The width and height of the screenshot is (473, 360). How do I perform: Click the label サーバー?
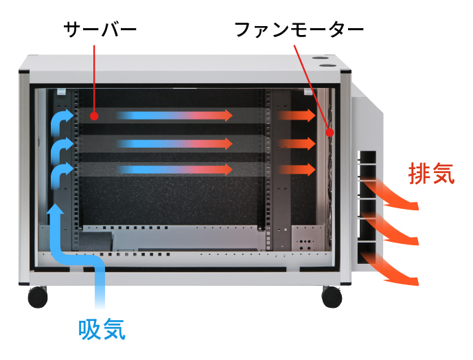tap(100, 30)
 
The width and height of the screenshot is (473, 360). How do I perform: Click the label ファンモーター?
tap(298, 30)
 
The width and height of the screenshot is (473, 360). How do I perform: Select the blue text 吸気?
tap(102, 329)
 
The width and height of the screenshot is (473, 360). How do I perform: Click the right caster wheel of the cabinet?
tap(332, 297)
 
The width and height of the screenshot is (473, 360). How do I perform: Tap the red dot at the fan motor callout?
tap(330, 132)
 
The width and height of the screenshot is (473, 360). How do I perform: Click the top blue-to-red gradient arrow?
tap(175, 115)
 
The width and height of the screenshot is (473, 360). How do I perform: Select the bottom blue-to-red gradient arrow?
tap(175, 169)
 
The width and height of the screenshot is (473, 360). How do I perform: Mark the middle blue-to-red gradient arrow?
tap(175, 143)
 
